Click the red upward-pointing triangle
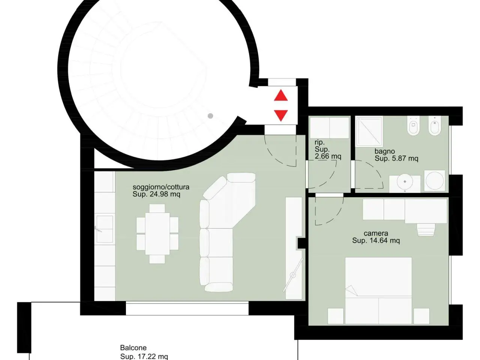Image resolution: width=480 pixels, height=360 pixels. click(281, 95)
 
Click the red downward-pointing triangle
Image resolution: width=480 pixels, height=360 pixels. click(281, 115)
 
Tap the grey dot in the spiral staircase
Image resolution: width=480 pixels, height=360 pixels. click(210, 116)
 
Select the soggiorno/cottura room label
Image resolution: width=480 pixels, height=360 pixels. click(161, 187)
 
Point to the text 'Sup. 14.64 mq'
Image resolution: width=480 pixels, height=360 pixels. click(376, 241)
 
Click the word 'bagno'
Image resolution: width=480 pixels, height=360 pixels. click(385, 151)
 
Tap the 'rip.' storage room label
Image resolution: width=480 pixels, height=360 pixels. click(319, 142)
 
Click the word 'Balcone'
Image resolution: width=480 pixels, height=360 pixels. click(133, 348)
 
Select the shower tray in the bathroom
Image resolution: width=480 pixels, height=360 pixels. click(369, 131)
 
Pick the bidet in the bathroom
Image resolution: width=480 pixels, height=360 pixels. click(435, 126)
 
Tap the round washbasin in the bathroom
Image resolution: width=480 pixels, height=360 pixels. click(405, 181)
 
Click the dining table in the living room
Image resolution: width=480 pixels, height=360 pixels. click(157, 234)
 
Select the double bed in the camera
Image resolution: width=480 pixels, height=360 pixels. click(378, 291)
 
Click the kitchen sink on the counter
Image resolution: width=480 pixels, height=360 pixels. click(105, 229)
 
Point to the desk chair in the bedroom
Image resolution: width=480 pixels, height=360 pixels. click(426, 229)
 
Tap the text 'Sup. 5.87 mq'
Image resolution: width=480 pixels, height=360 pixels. click(396, 158)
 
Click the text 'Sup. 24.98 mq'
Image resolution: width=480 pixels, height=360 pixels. click(156, 194)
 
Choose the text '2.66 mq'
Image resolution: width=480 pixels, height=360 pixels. click(328, 156)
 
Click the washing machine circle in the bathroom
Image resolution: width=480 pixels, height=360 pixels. click(435, 180)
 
